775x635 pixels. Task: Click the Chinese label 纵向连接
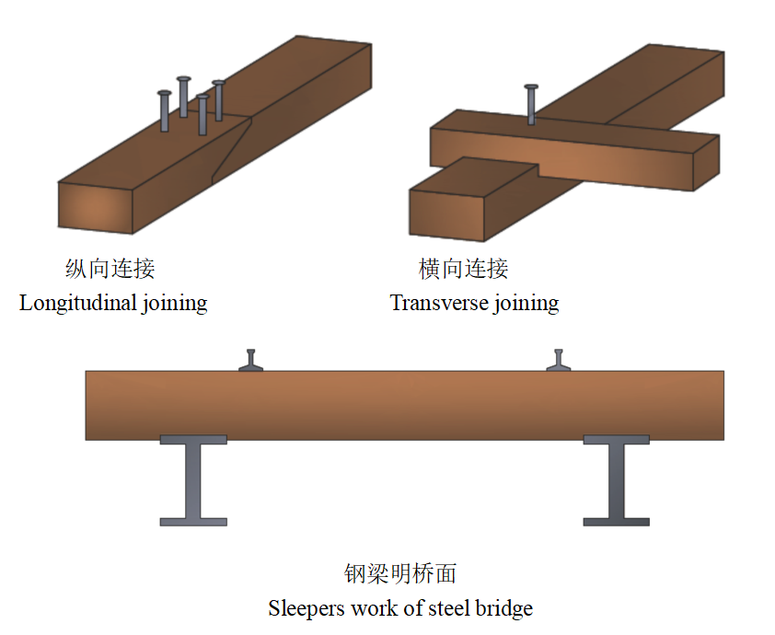110,269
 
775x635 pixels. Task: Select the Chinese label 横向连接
463,269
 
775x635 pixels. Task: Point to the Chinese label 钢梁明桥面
400,574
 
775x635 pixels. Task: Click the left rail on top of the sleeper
251,362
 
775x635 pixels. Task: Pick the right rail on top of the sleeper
559,362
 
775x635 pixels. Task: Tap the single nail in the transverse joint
531,104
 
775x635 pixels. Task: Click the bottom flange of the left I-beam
193,522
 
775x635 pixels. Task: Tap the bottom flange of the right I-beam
616,522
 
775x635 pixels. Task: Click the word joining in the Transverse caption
527,303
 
